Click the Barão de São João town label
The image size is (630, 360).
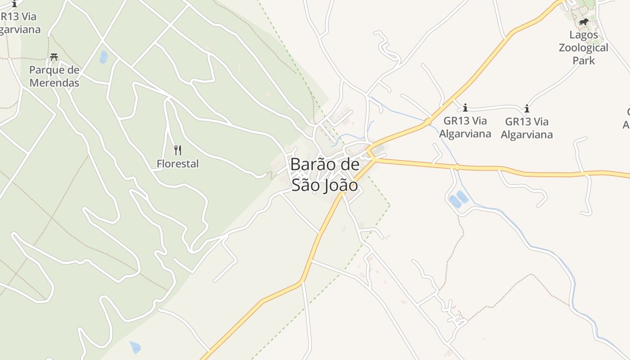click(x=324, y=175)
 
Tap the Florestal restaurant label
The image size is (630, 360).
click(x=177, y=164)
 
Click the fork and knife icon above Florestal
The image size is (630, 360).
click(x=178, y=150)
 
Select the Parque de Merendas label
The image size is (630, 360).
click(x=54, y=76)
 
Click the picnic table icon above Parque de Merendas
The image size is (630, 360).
click(x=54, y=57)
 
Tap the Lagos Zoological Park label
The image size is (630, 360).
click(x=584, y=47)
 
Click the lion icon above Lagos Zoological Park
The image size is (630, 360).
click(x=584, y=22)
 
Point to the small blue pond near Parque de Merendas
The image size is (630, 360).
click(x=103, y=57)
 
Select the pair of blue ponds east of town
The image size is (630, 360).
click(x=459, y=199)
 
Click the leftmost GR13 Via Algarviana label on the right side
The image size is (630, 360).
click(x=465, y=127)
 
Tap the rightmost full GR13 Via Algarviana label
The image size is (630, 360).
click(x=526, y=128)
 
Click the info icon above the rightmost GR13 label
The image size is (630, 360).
click(x=526, y=108)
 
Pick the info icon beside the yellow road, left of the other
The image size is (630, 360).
click(x=465, y=108)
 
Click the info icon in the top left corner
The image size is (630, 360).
click(x=14, y=4)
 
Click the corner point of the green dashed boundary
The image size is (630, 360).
click(x=390, y=206)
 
